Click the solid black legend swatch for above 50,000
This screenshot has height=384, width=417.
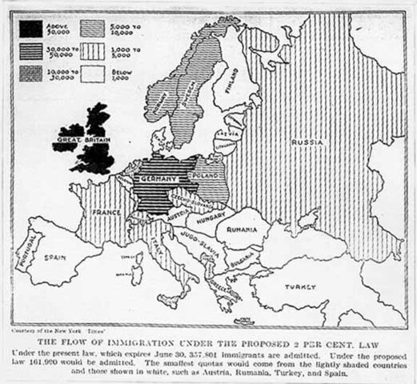(x=31, y=29)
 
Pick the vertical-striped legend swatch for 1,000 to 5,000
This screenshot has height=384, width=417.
(x=94, y=50)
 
